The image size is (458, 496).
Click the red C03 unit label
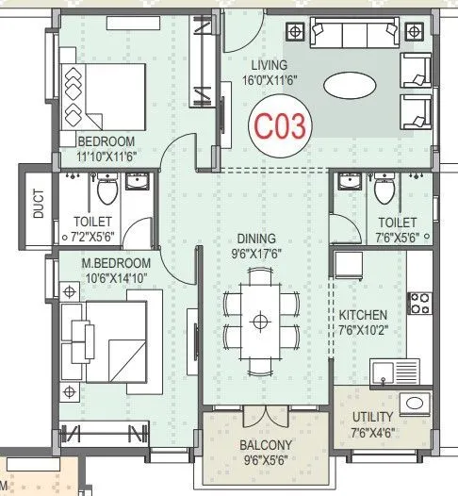click(280, 127)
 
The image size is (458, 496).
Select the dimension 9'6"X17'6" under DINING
click(258, 253)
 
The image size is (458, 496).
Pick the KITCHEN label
click(363, 314)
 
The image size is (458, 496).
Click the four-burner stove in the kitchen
click(418, 305)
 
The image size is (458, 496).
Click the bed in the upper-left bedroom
click(102, 97)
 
